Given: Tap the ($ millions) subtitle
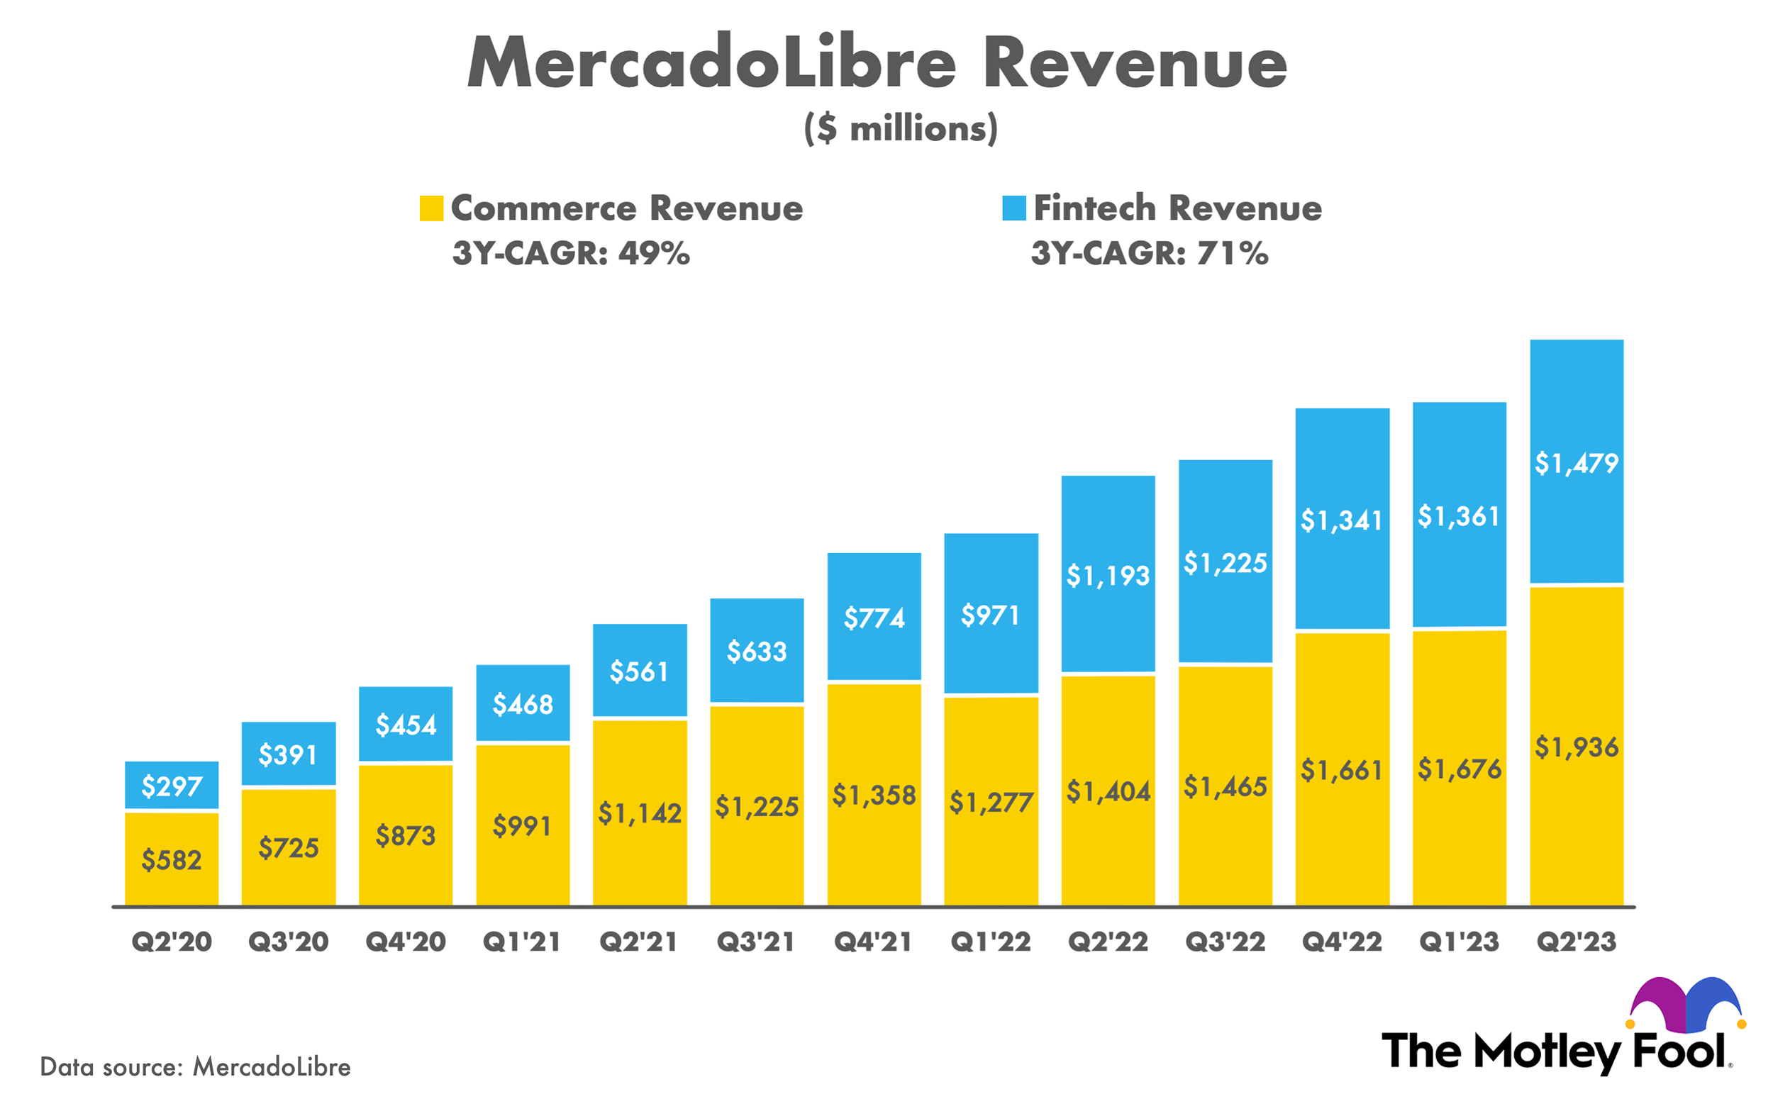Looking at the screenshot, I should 901,129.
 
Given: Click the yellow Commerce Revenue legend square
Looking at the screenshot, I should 430,208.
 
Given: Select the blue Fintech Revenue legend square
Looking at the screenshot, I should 1014,208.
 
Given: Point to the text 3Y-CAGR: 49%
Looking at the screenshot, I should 571,253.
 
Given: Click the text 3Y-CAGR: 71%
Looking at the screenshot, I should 1150,253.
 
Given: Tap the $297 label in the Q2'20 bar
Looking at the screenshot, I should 171,787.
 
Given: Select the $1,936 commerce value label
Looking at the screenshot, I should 1577,748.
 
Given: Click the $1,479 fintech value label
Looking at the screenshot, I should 1577,463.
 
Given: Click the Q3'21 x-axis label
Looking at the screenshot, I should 756,942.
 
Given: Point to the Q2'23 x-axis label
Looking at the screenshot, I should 1577,942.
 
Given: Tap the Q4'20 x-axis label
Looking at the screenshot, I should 406,942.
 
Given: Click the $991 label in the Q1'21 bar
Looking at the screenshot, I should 522,826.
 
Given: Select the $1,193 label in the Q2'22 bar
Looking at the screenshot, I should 1107,576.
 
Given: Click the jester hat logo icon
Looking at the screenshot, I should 1685,1004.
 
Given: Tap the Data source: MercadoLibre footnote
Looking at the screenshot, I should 195,1066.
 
